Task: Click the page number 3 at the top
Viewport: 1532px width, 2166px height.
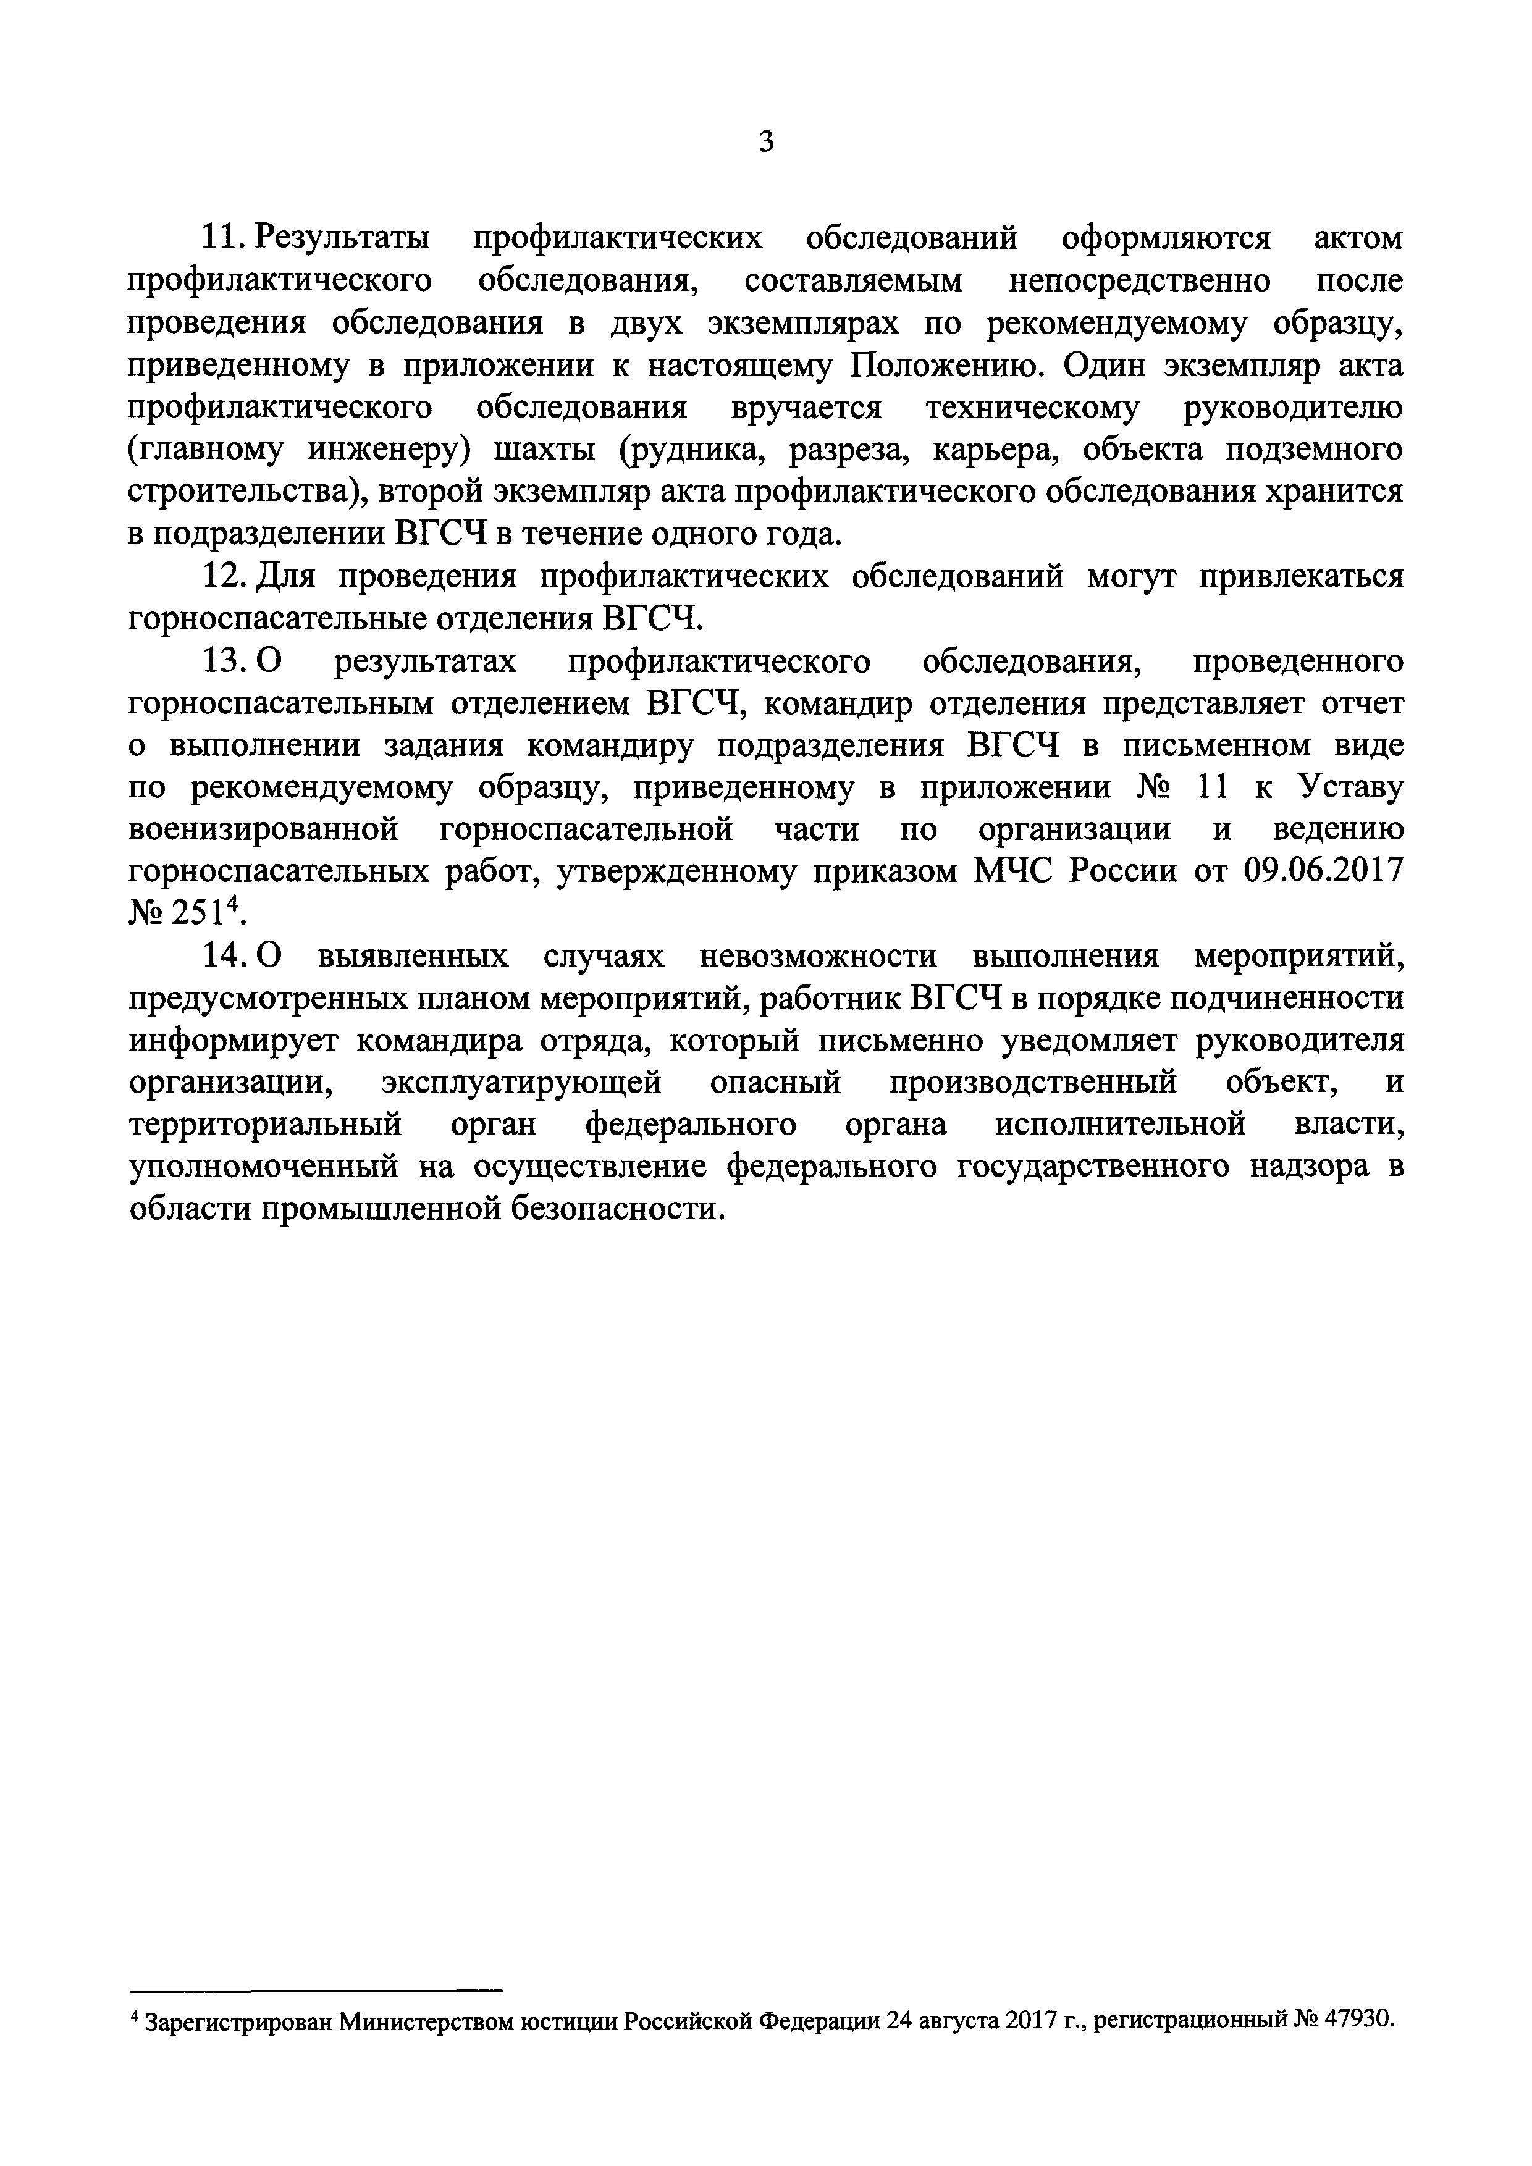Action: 766,143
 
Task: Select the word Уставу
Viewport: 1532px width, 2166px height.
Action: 1350,787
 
